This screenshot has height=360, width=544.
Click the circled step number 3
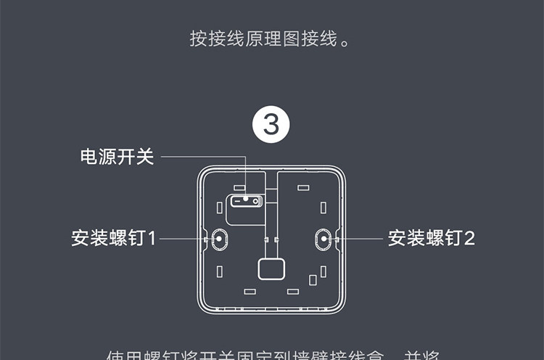[271, 126]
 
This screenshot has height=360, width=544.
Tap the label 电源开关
[117, 157]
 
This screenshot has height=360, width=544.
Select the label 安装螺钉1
[114, 237]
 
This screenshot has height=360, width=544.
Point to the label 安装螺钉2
[431, 237]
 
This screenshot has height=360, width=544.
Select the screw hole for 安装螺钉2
[323, 237]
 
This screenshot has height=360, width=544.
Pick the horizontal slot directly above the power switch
[239, 187]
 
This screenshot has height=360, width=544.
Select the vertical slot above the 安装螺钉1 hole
[219, 208]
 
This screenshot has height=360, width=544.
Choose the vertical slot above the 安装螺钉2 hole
[323, 208]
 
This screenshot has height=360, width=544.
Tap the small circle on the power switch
[245, 197]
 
